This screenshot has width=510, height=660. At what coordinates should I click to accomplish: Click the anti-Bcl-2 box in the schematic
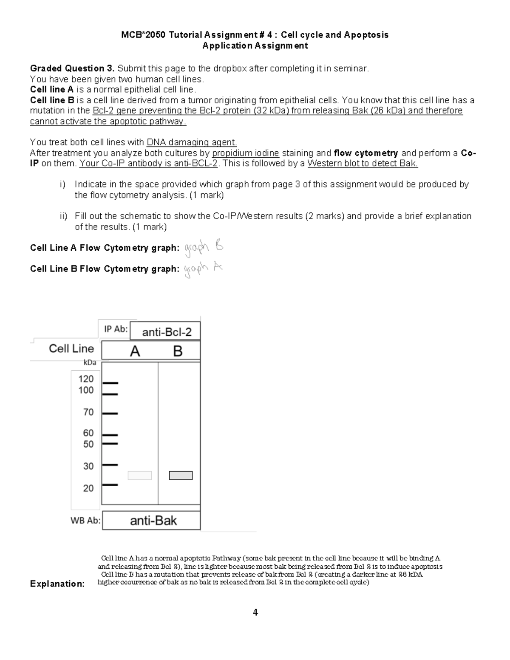[x=165, y=331]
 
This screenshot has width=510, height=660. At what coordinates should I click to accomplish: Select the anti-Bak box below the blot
[x=151, y=521]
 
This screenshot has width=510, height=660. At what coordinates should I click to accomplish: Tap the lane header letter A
[x=135, y=351]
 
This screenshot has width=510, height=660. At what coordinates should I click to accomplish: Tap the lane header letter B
[x=178, y=351]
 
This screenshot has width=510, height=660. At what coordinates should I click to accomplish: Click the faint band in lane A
[x=140, y=476]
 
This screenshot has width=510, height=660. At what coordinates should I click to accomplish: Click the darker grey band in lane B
[x=181, y=476]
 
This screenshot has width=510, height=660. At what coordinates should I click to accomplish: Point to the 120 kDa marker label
[x=86, y=379]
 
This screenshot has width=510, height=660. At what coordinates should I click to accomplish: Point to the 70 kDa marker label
[x=88, y=412]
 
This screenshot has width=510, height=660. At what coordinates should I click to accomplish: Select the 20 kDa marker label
[x=88, y=488]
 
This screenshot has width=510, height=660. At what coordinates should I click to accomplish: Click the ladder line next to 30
[x=110, y=465]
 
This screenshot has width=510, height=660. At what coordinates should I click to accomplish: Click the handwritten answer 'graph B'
[x=204, y=248]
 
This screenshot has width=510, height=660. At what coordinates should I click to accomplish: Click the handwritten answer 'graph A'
[x=203, y=269]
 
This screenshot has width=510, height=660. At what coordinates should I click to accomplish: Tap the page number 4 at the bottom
[x=255, y=612]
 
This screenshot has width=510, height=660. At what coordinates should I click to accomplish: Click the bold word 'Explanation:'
[x=57, y=584]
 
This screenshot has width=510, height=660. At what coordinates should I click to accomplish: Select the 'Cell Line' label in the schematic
[x=71, y=349]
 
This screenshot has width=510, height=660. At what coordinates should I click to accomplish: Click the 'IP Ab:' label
[x=116, y=329]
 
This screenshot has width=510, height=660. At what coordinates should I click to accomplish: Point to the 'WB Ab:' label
[x=85, y=521]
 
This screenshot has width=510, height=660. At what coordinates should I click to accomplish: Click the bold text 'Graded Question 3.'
[x=72, y=68]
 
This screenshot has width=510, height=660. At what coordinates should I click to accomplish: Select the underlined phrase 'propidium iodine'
[x=245, y=153]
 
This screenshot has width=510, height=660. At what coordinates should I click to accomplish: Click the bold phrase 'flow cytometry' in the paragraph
[x=366, y=153]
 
